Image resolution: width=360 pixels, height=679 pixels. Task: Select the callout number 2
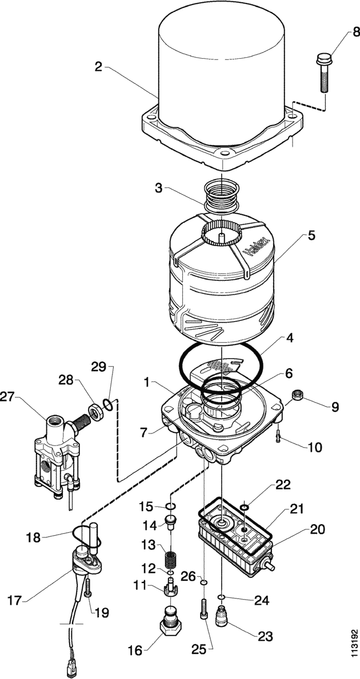99,67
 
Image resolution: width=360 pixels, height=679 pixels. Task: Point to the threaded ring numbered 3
221,197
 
